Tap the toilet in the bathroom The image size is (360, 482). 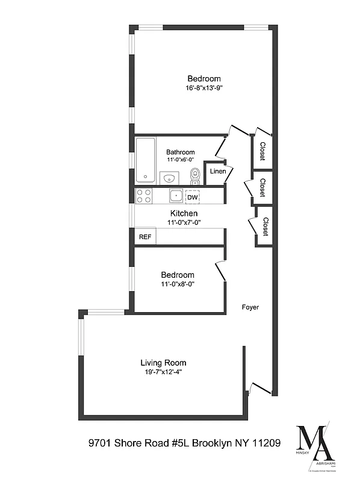(194, 175)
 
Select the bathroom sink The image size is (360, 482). (168, 178)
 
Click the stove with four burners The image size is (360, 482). (144, 196)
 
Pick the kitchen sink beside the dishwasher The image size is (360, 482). (175, 196)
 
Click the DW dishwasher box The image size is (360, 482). (192, 197)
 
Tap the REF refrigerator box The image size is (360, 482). (145, 237)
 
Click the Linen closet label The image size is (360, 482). (217, 172)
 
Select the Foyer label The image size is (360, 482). (250, 307)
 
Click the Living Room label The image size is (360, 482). (163, 363)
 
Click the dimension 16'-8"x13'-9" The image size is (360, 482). (204, 88)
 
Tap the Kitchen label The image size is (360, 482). (184, 213)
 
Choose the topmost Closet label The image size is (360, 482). (262, 151)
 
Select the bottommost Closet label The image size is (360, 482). (265, 226)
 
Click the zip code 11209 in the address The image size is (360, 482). (267, 443)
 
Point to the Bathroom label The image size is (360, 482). (181, 152)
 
